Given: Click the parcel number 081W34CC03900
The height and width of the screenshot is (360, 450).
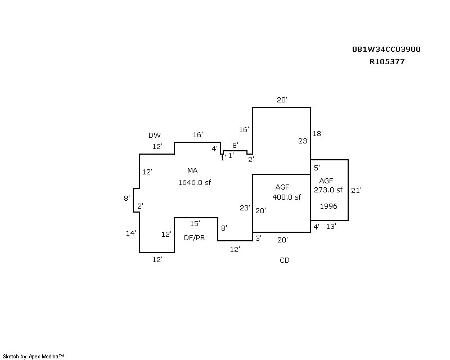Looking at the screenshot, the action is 386,49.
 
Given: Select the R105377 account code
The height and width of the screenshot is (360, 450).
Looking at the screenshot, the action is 387,62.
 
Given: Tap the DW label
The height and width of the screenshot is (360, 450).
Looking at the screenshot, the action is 154,135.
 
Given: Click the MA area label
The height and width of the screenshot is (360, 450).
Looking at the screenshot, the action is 192,171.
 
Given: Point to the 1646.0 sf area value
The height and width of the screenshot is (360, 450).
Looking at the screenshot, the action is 195,183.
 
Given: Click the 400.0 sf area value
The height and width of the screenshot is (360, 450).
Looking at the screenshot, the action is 287,197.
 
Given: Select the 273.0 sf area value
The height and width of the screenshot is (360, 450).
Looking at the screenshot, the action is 328,190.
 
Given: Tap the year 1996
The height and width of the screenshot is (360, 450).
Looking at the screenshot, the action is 328,206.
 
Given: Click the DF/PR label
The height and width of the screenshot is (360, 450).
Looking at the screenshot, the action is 194,238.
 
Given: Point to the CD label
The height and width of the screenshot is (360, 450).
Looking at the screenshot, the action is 285,260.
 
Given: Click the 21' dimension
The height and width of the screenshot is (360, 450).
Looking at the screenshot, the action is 356,190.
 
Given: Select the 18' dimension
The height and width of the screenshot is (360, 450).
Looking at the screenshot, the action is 317,133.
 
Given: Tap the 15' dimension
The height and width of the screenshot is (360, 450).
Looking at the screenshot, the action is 195,223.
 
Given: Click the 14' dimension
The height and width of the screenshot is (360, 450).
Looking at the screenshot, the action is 131,233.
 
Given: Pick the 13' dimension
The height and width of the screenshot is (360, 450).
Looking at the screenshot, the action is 331,227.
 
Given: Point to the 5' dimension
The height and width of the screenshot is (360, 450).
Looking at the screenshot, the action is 317,168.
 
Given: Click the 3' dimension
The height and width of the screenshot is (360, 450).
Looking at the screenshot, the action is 258,238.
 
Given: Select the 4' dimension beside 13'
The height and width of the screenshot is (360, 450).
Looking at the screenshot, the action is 316,227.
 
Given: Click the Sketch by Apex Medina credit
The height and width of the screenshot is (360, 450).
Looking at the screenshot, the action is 33,357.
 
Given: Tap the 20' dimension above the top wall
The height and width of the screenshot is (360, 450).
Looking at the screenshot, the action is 282,100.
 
